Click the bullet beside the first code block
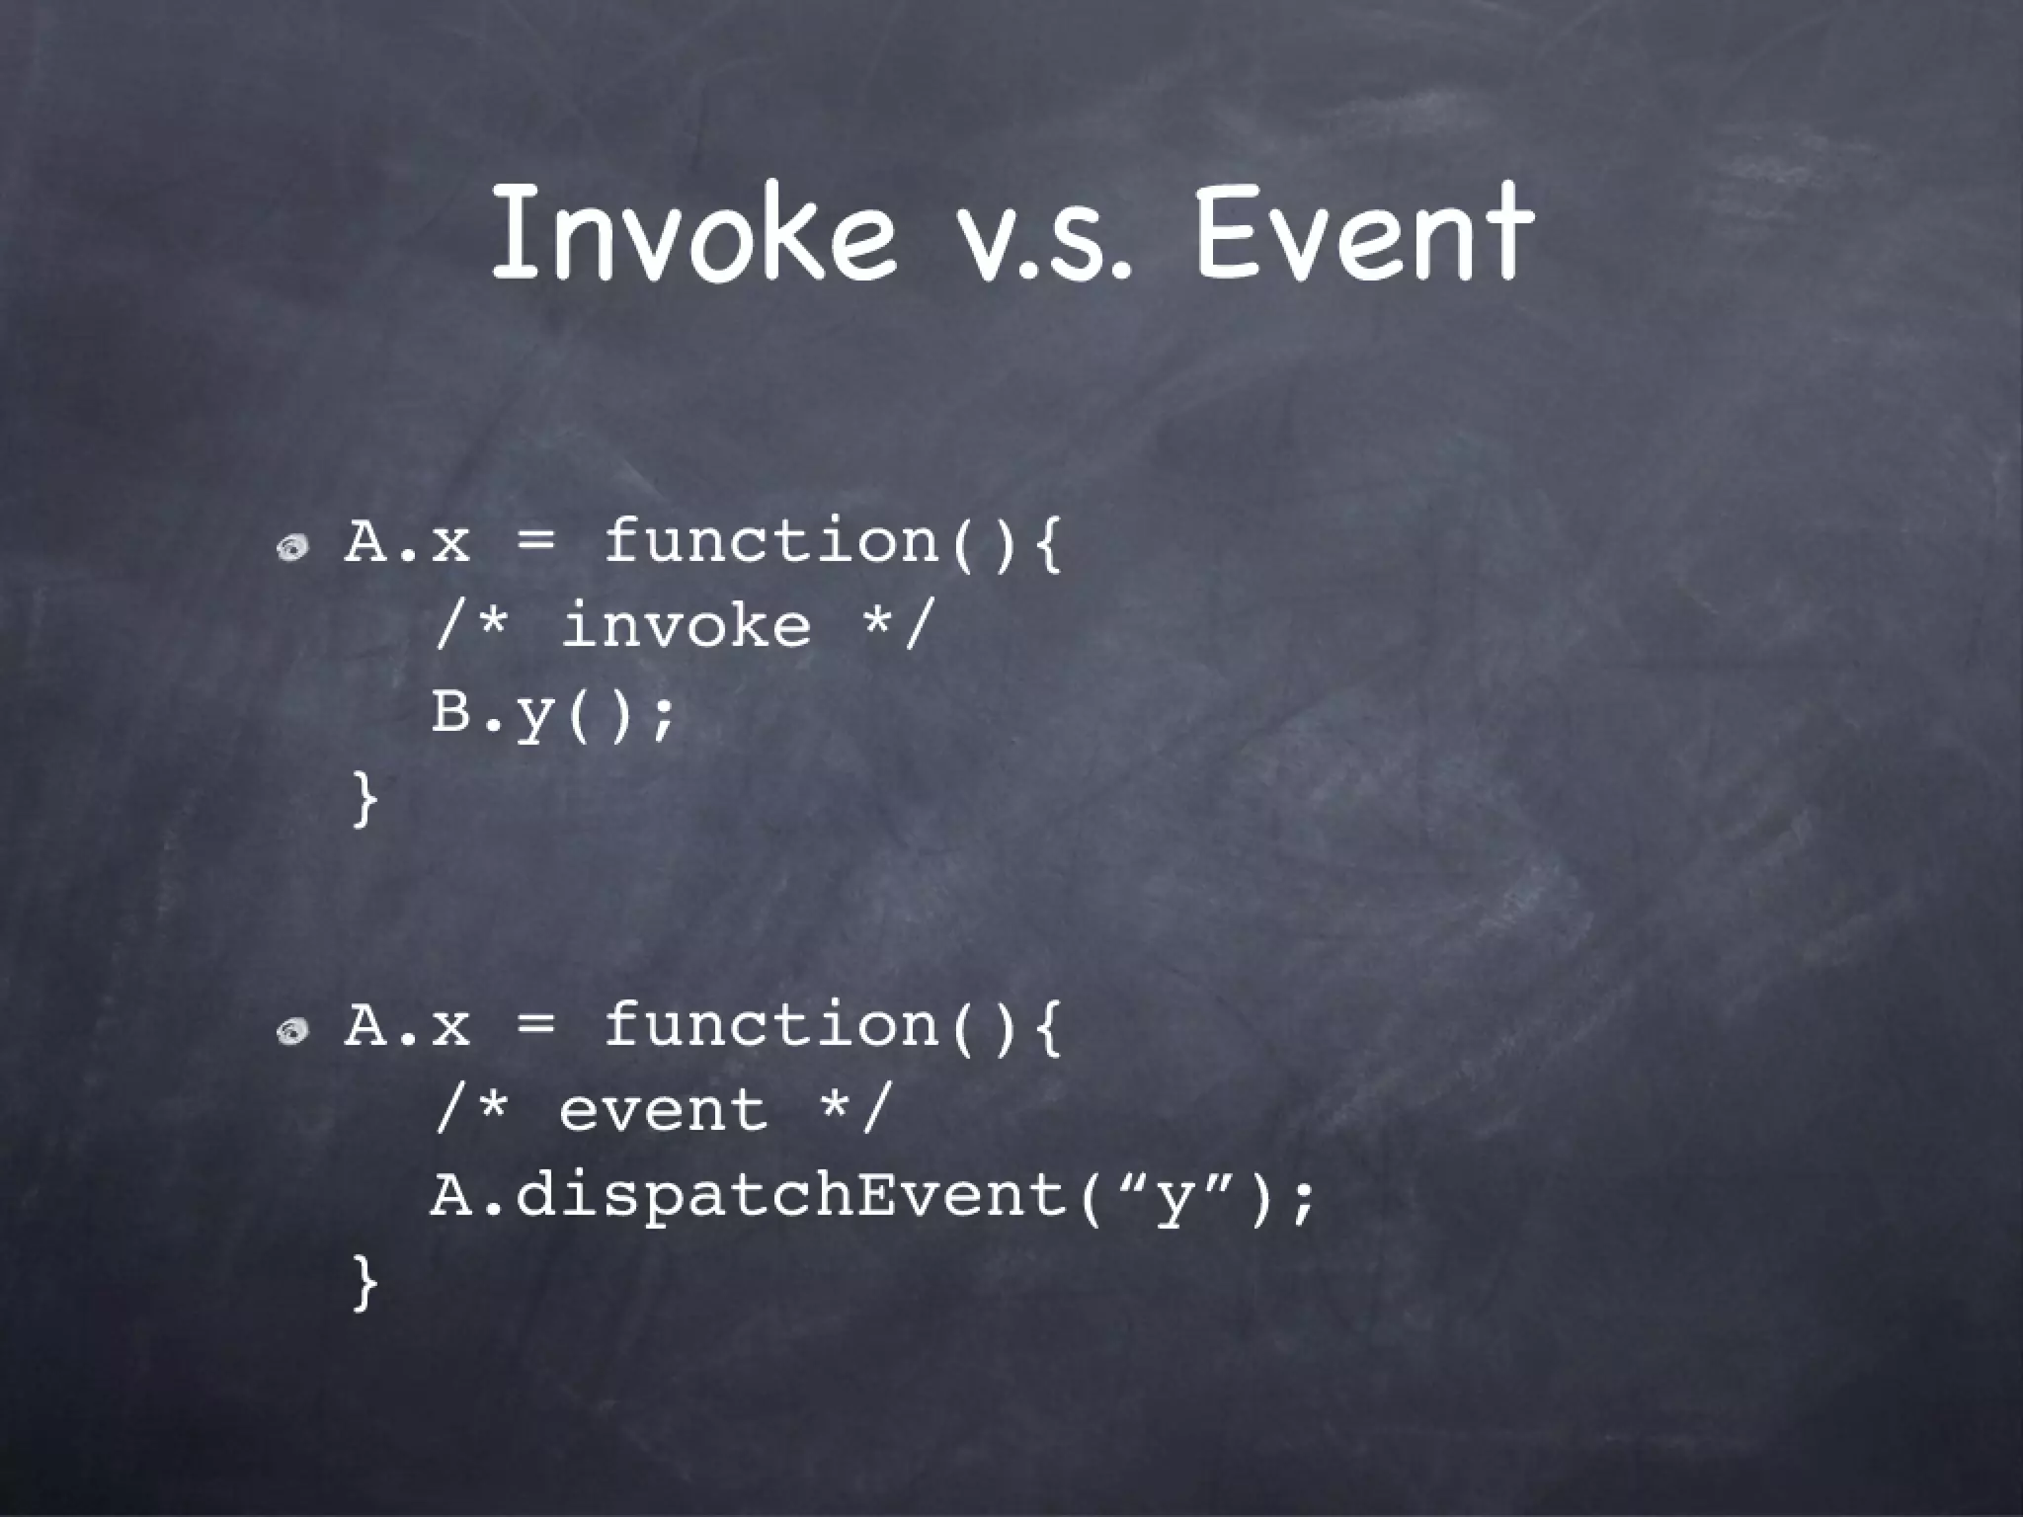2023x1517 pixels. (x=293, y=546)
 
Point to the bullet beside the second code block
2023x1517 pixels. (x=293, y=1031)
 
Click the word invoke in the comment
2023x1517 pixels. (x=687, y=626)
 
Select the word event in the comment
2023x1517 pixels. (x=664, y=1110)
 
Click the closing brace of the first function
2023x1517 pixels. (x=364, y=799)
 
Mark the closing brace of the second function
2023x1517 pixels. (x=364, y=1283)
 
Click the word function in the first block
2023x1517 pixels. (x=770, y=540)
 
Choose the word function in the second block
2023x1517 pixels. (x=770, y=1024)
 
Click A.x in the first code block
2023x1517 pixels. (x=407, y=541)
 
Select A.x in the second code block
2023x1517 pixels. (x=407, y=1025)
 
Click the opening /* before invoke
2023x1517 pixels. (x=471, y=626)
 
